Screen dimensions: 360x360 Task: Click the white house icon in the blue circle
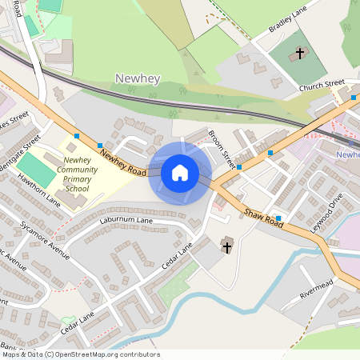click(x=180, y=172)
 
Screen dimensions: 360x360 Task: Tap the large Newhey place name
click(x=138, y=78)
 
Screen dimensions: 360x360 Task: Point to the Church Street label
click(x=322, y=84)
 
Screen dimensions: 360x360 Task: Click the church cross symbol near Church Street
click(x=300, y=54)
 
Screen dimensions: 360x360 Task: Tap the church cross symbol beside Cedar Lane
click(x=226, y=246)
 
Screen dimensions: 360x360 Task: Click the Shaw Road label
click(x=263, y=218)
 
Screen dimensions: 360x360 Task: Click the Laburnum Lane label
click(x=126, y=219)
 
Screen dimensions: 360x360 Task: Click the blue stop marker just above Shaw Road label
click(x=278, y=218)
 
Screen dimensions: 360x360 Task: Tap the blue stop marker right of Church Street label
click(x=354, y=98)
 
